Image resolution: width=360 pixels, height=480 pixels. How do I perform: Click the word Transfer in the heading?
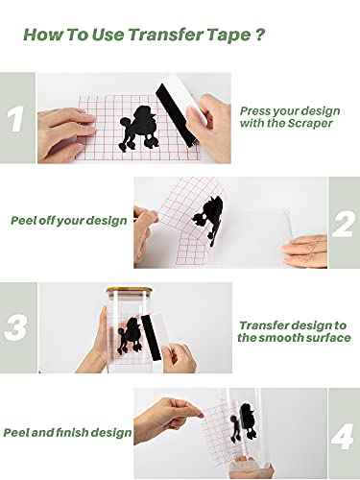pyautogui.click(x=166, y=35)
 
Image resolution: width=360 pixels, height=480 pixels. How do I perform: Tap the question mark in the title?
pyautogui.click(x=260, y=34)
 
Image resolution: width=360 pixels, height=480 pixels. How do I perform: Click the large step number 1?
pyautogui.click(x=15, y=119)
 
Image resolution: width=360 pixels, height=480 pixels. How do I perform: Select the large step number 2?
pyautogui.click(x=344, y=225)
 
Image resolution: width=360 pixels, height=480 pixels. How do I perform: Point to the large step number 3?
pyautogui.click(x=16, y=328)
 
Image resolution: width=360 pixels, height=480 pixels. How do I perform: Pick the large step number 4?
pyautogui.click(x=343, y=436)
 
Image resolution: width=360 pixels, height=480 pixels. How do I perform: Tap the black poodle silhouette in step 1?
pyautogui.click(x=138, y=129)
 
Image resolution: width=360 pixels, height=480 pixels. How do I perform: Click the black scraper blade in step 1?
pyautogui.click(x=177, y=114)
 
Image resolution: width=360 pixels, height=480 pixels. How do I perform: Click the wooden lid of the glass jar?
pyautogui.click(x=130, y=290)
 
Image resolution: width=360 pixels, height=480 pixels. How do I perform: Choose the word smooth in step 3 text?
pyautogui.click(x=280, y=338)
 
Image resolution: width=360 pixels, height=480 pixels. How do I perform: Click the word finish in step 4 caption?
pyautogui.click(x=72, y=432)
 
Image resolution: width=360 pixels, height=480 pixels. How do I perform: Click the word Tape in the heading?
pyautogui.click(x=228, y=36)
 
